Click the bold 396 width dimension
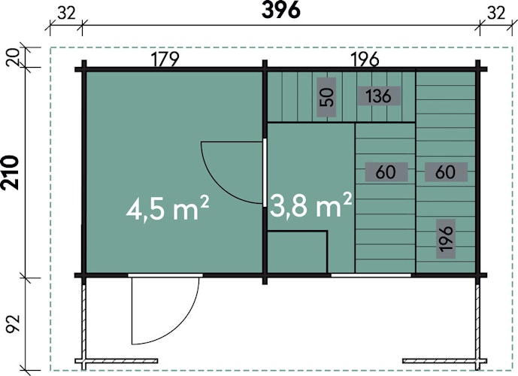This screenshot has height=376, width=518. [x=281, y=11]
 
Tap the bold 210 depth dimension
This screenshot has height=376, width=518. [x=11, y=172]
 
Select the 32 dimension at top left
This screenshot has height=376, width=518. [x=67, y=14]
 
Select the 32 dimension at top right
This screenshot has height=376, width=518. [x=496, y=14]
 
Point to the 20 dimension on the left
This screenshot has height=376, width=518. [x=14, y=57]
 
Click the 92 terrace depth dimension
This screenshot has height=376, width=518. [x=14, y=323]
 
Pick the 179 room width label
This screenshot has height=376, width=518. [x=165, y=59]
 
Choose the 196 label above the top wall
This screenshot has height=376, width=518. [x=365, y=59]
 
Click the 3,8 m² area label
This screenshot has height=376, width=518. [x=310, y=205]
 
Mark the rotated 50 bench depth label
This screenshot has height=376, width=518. [x=326, y=97]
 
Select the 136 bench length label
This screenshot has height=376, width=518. [x=379, y=96]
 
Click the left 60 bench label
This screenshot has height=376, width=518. [x=386, y=171]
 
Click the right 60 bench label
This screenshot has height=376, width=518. [x=445, y=171]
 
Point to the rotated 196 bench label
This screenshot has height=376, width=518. [x=446, y=238]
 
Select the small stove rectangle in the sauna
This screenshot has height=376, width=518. [x=297, y=253]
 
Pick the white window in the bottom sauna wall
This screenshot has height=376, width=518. [x=371, y=275]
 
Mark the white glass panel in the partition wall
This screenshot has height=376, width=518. [x=265, y=172]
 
